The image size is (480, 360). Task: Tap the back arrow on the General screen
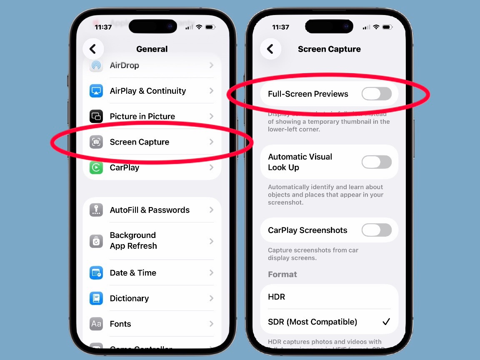pyautogui.click(x=93, y=49)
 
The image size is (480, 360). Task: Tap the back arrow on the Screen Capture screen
pyautogui.click(x=270, y=49)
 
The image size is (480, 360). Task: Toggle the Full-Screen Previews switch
pyautogui.click(x=377, y=94)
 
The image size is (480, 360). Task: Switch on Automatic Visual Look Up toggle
pyautogui.click(x=377, y=162)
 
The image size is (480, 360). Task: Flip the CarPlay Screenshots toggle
pyautogui.click(x=377, y=230)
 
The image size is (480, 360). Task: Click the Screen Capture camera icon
pyautogui.click(x=96, y=142)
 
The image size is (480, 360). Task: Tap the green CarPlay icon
pyautogui.click(x=96, y=167)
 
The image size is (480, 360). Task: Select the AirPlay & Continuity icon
pyautogui.click(x=96, y=91)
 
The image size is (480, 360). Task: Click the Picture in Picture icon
pyautogui.click(x=96, y=116)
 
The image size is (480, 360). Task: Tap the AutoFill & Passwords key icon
pyautogui.click(x=96, y=210)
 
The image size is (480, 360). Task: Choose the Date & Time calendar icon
pyautogui.click(x=96, y=273)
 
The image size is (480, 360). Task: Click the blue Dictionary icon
pyautogui.click(x=96, y=298)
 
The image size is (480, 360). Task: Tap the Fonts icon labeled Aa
pyautogui.click(x=96, y=324)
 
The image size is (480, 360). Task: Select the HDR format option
pyautogui.click(x=277, y=297)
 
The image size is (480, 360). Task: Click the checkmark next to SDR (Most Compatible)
pyautogui.click(x=386, y=322)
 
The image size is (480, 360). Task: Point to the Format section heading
pyautogui.click(x=282, y=274)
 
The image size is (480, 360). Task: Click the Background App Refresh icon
pyautogui.click(x=96, y=241)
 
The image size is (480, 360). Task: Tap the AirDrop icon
pyautogui.click(x=96, y=65)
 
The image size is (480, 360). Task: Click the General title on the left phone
pyautogui.click(x=152, y=49)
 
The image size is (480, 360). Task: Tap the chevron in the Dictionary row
pyautogui.click(x=212, y=298)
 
